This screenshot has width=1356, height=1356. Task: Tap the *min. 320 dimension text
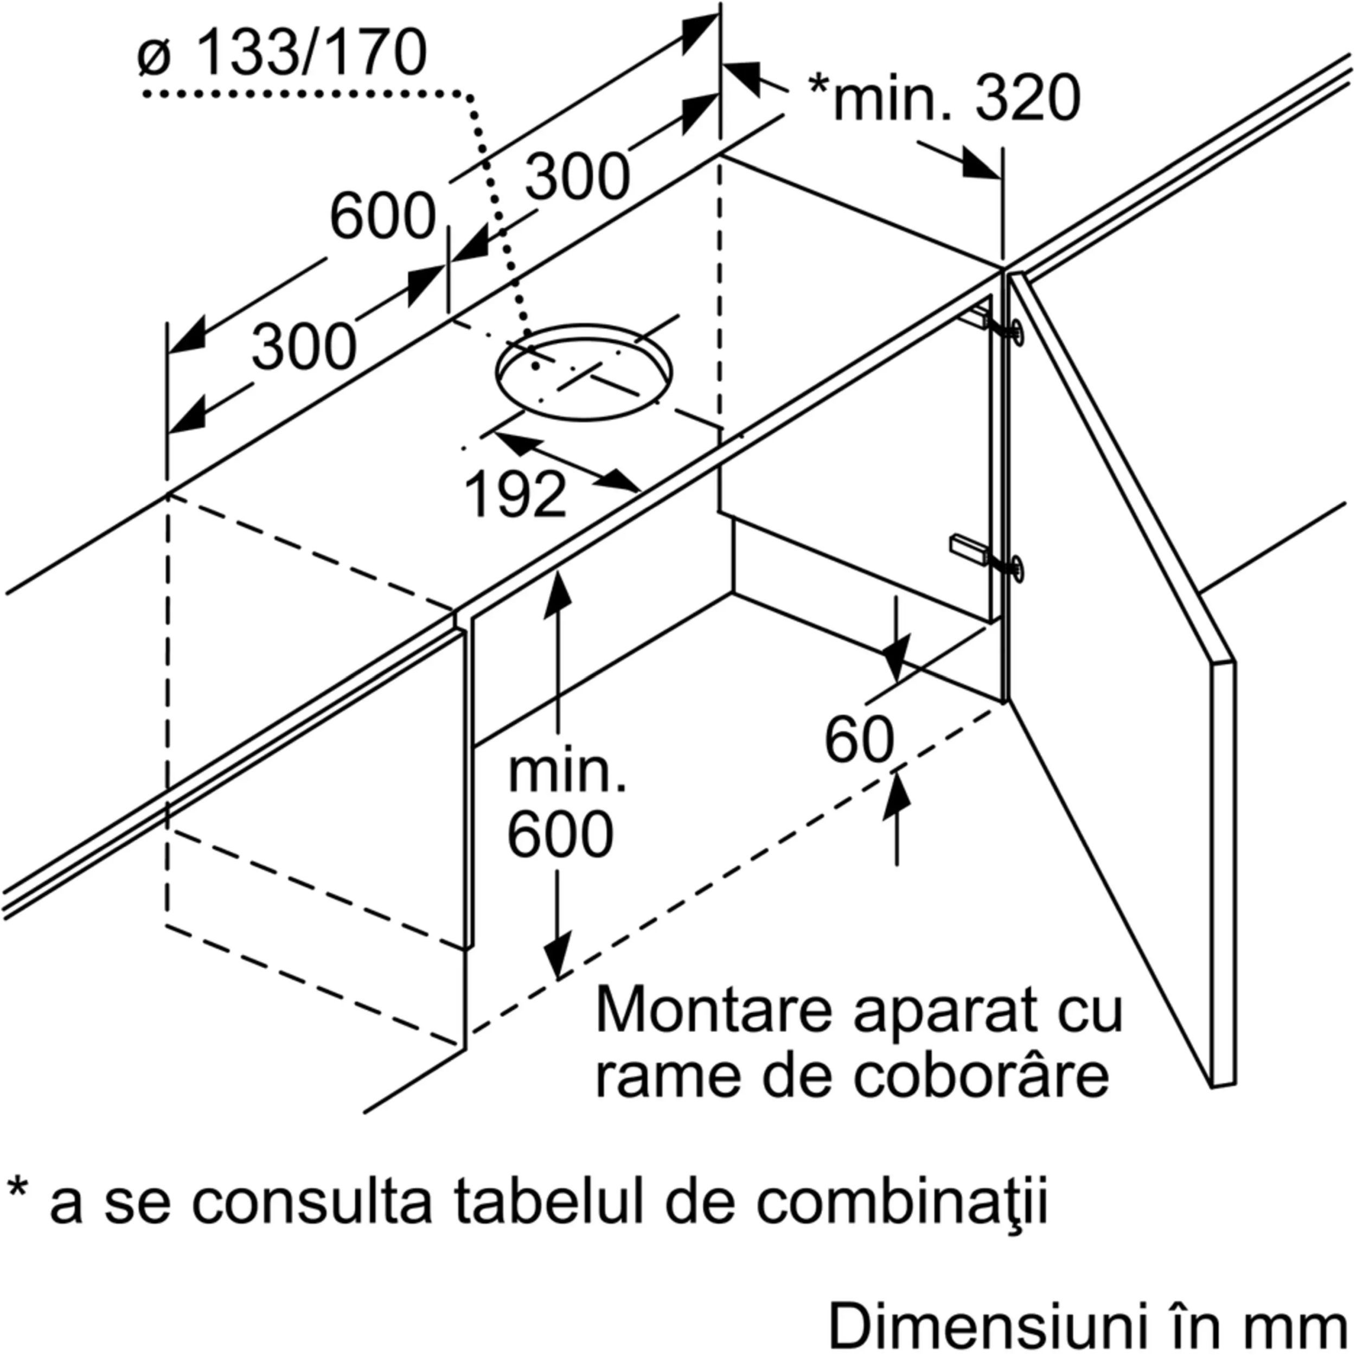944,98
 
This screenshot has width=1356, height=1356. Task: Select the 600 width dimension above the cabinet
382,216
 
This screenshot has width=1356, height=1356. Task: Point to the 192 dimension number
515,495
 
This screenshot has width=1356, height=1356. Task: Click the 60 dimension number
859,740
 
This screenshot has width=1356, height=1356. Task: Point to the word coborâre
981,1077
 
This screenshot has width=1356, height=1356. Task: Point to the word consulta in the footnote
312,1201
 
